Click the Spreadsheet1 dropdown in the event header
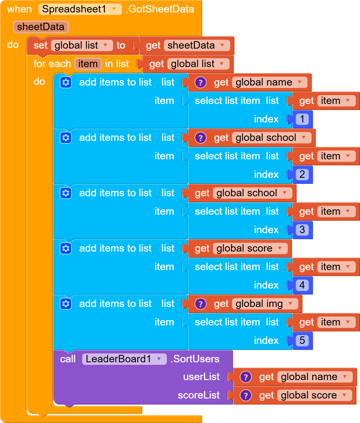click(80, 9)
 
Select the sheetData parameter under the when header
click(40, 27)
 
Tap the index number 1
click(302, 119)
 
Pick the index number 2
click(302, 174)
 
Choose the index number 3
click(302, 230)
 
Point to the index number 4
click(302, 285)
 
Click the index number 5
click(302, 340)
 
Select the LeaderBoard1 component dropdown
click(124, 359)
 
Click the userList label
click(201, 377)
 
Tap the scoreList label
click(199, 395)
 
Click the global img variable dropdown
click(264, 304)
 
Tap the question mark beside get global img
click(201, 304)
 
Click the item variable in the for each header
click(88, 64)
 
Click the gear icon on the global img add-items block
click(66, 304)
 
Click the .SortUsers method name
click(195, 359)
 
